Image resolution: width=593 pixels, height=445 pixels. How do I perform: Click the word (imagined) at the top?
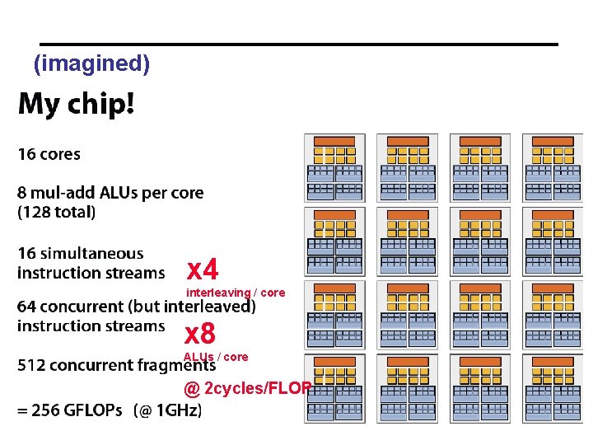[91, 63]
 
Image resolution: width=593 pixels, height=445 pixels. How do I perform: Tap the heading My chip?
[77, 105]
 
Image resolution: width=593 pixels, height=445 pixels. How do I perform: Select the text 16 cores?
[49, 154]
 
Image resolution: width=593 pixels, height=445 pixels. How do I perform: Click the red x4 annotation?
[203, 269]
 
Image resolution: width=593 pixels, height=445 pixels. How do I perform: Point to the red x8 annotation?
[199, 334]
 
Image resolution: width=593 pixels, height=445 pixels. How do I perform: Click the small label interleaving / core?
[236, 293]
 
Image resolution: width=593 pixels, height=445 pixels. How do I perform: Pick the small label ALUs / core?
[215, 357]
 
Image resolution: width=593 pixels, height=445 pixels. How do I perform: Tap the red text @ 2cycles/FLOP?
[247, 388]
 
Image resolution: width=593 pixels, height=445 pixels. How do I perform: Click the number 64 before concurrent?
[27, 307]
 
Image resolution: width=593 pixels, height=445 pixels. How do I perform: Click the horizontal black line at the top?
[299, 44]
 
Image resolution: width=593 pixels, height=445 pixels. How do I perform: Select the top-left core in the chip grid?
[334, 168]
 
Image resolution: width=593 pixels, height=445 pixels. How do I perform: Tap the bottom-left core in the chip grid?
[334, 388]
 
